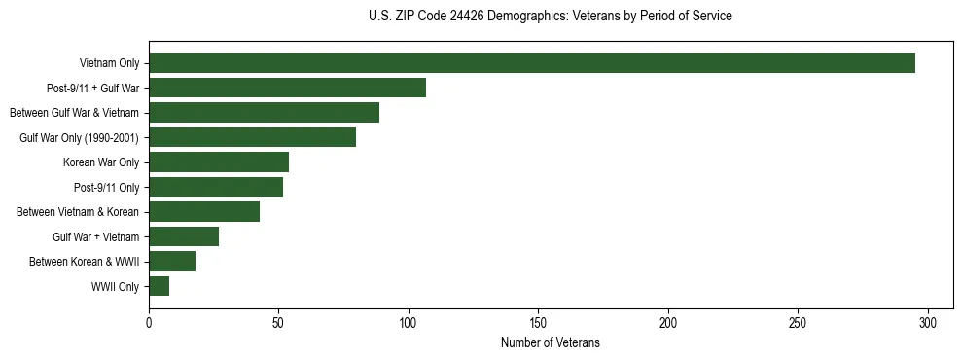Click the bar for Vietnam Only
pyautogui.click(x=532, y=63)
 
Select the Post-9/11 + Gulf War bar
pyautogui.click(x=287, y=88)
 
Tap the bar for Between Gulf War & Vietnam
pyautogui.click(x=264, y=113)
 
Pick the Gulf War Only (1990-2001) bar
pyautogui.click(x=252, y=137)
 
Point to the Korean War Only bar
pyautogui.click(x=219, y=162)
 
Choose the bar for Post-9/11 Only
pyautogui.click(x=216, y=187)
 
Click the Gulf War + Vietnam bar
pyautogui.click(x=184, y=236)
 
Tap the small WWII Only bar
pyautogui.click(x=160, y=286)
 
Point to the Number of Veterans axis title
pyautogui.click(x=551, y=343)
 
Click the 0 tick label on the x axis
pyautogui.click(x=149, y=323)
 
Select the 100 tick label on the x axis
pyautogui.click(x=409, y=323)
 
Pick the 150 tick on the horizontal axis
pyautogui.click(x=539, y=323)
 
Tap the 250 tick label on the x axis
pyautogui.click(x=799, y=323)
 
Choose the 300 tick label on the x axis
pyautogui.click(x=928, y=323)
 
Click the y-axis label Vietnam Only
pyautogui.click(x=110, y=63)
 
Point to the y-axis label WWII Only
pyautogui.click(x=115, y=286)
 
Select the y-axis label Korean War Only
pyautogui.click(x=101, y=162)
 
